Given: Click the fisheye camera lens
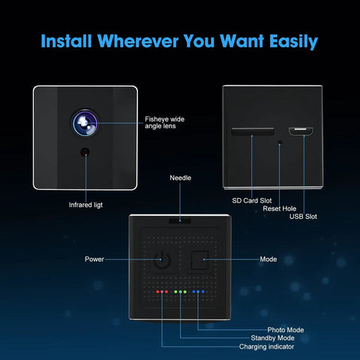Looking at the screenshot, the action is pos(85,123).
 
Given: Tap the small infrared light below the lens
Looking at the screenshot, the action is pos(85,152).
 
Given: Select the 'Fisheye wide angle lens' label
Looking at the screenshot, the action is pos(164,122).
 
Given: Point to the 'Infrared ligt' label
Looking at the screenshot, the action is pos(85,205).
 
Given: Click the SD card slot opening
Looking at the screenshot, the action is pos(253,131).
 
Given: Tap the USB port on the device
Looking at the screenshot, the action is pos(301,131).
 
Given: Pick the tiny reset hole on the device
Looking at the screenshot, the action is pos(280,142).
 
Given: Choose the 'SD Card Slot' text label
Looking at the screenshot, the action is pos(252,200).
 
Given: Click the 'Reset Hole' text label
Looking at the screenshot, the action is pos(280,208).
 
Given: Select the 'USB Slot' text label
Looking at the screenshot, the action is pos(303,217).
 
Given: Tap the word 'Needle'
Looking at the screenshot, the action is pos(180,178).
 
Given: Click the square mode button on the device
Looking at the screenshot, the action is pos(199,260).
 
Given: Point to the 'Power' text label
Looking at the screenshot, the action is pos(94,259).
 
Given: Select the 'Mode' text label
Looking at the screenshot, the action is pos(268,259).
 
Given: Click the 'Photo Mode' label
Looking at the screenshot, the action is pos(286,330).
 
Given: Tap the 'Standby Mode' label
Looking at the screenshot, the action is pos(272,338).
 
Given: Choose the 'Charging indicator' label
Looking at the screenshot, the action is pos(266,346).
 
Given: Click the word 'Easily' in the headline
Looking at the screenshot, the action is pos(293,41).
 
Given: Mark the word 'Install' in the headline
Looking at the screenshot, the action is pos(66,40).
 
